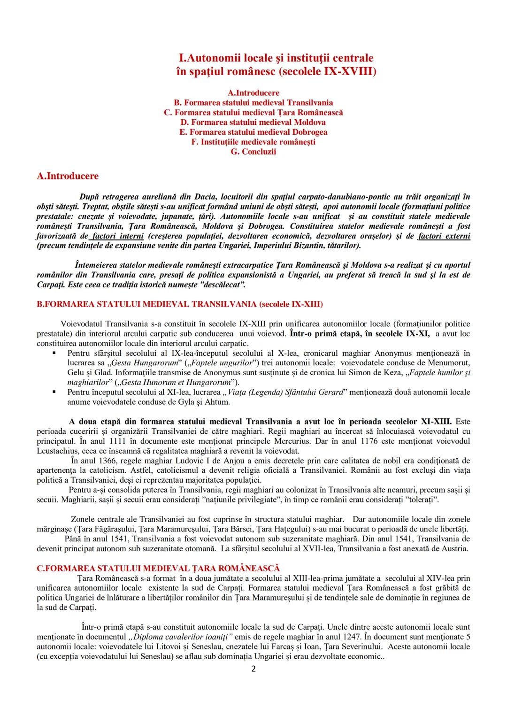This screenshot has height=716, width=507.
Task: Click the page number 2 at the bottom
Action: (x=253, y=669)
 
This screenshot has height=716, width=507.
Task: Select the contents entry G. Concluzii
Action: (x=253, y=152)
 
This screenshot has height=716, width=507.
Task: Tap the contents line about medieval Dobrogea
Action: (x=253, y=132)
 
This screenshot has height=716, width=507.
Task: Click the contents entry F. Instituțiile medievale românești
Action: (x=253, y=142)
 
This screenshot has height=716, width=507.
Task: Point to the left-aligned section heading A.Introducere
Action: (x=68, y=176)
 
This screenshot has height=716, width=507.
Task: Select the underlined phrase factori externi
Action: (x=444, y=236)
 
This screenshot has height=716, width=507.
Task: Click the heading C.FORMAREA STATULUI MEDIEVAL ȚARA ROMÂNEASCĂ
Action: (x=158, y=569)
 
